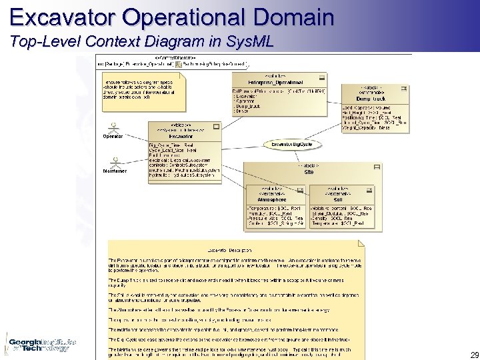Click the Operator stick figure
click(113, 127)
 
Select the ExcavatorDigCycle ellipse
click(292, 144)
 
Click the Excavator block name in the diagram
click(181, 135)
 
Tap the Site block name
click(309, 172)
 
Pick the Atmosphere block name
click(271, 199)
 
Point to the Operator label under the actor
click(113, 137)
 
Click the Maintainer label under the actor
click(115, 171)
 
